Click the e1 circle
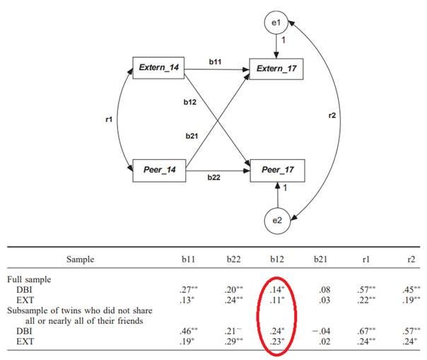276,23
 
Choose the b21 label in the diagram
191,137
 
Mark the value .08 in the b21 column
308,289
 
